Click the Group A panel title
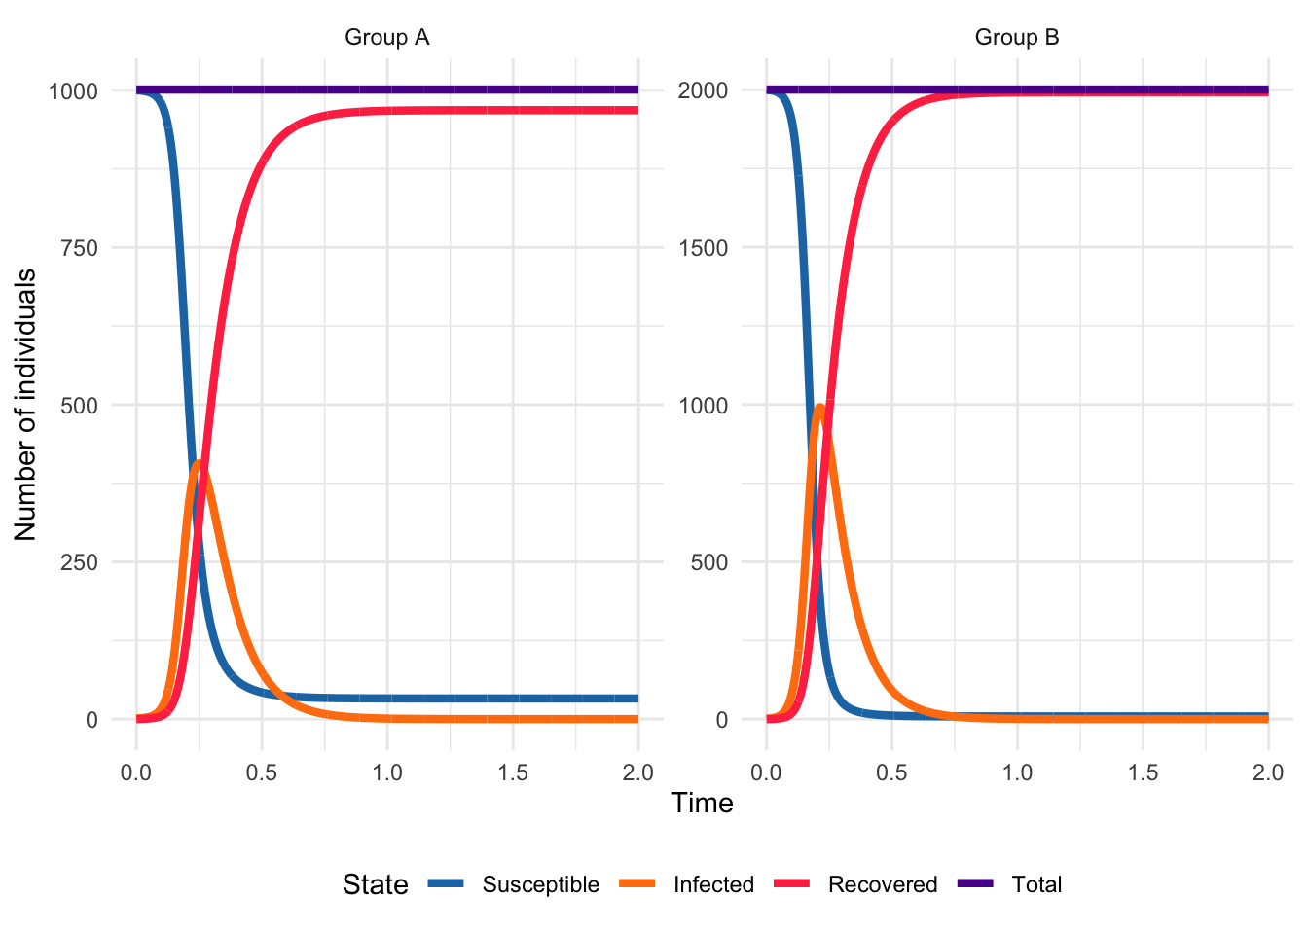pos(386,38)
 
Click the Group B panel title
pos(1017,38)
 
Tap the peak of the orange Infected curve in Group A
pos(199,463)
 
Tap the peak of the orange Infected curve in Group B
pos(820,407)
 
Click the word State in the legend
pos(375,884)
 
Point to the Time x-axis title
pos(702,803)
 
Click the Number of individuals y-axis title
pos(25,405)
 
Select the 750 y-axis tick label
pos(79,248)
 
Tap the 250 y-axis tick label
pos(79,562)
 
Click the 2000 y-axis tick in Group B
pos(704,90)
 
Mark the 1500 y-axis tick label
pos(704,248)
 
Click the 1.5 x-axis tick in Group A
pos(513,772)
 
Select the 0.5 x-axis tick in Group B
pos(891,772)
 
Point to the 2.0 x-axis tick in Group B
pos(1268,772)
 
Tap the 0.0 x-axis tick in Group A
pos(136,772)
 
